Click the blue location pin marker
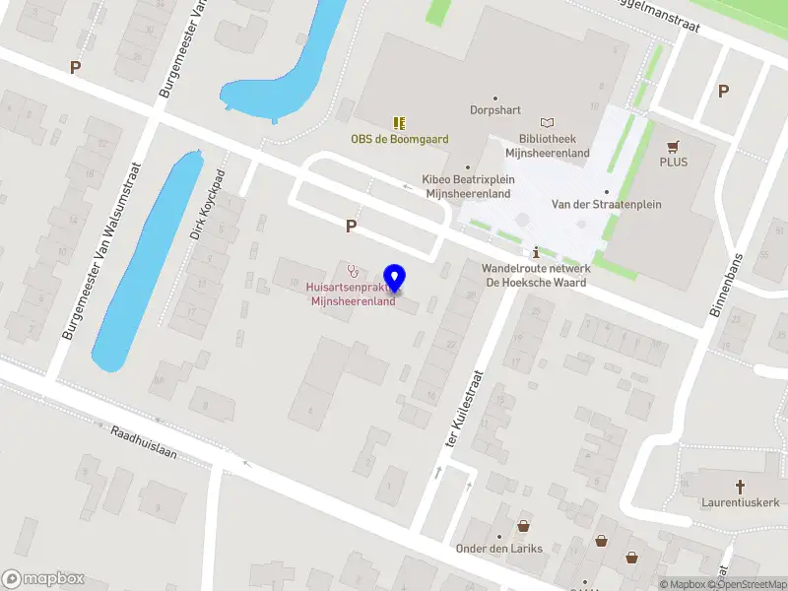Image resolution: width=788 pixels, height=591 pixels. [396, 278]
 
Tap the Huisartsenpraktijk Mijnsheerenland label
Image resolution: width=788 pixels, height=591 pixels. [353, 295]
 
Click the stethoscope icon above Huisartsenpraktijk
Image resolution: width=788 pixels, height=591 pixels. [353, 271]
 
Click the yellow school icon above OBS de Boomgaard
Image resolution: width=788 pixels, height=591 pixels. [399, 123]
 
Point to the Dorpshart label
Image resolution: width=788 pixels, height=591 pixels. [495, 110]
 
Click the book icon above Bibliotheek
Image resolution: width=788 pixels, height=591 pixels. [547, 122]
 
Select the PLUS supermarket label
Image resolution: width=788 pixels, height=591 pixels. [675, 162]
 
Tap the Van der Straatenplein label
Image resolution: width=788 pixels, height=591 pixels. [606, 204]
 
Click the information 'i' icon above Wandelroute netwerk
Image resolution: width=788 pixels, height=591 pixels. [535, 251]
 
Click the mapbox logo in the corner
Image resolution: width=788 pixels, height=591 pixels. [43, 579]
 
